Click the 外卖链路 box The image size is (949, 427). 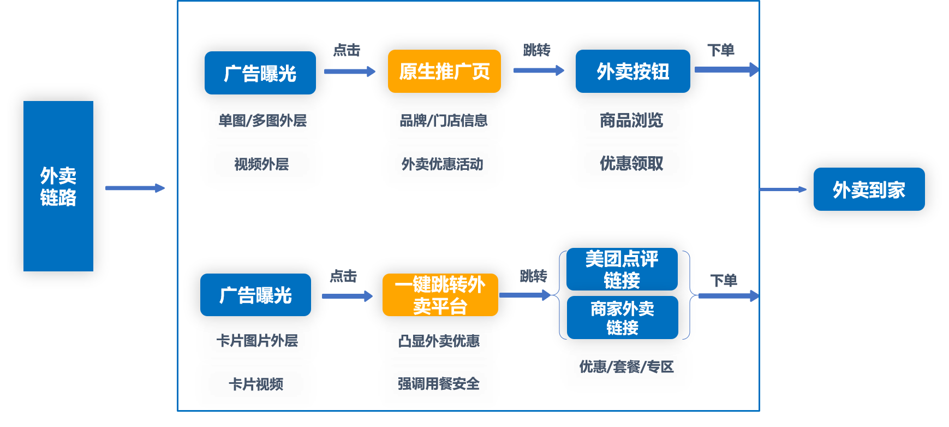58,186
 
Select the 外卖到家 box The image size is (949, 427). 869,189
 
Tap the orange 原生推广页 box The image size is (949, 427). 444,72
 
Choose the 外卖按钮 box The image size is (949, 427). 632,72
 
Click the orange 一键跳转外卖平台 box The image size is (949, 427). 440,295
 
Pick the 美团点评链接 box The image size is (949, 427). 622,269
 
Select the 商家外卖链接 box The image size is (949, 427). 622,318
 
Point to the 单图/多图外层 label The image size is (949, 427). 262,120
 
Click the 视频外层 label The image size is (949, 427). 261,164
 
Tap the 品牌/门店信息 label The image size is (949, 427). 443,120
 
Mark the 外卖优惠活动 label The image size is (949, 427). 442,164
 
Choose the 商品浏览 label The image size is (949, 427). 631,120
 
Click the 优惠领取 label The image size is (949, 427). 631,163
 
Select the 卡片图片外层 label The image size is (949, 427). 257,340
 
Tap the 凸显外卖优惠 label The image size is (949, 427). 439,341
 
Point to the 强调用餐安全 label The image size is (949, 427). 439,384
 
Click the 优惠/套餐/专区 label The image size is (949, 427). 626,366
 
